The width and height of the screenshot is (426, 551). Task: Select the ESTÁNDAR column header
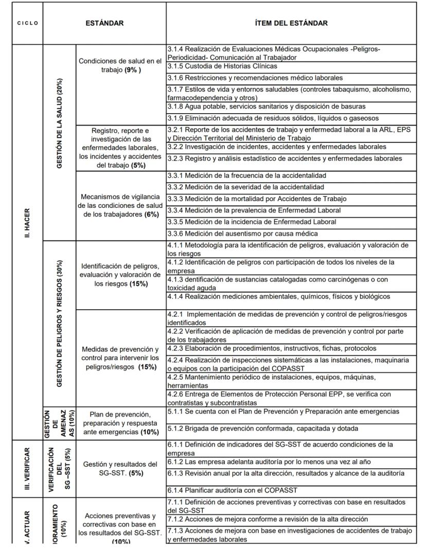tap(104, 23)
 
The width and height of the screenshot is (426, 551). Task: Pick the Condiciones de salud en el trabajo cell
tap(120, 65)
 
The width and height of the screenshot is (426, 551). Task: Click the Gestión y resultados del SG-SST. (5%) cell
tap(120, 468)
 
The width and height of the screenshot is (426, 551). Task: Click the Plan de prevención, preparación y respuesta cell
tap(120, 423)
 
